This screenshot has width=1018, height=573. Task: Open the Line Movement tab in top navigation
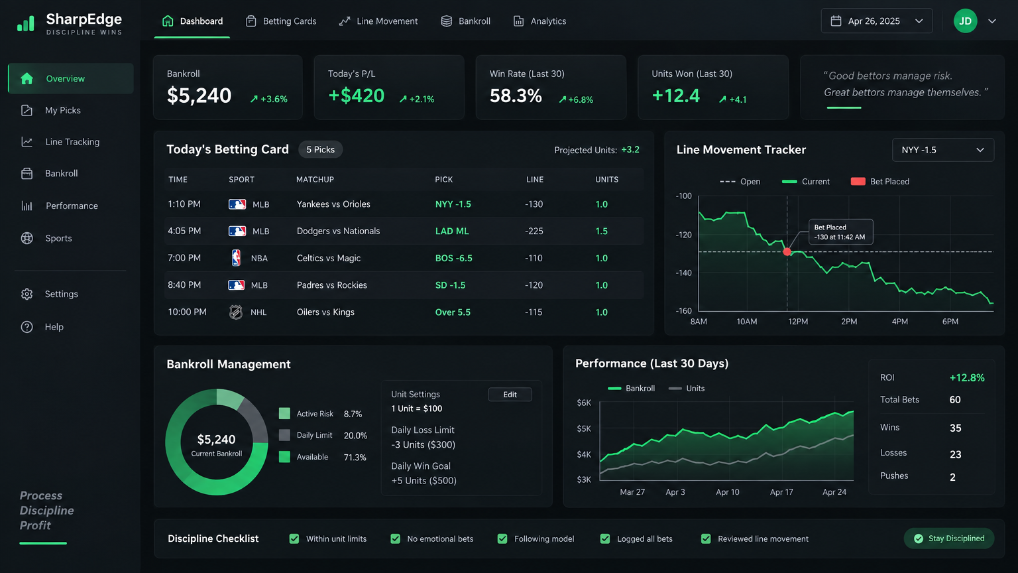[x=378, y=21]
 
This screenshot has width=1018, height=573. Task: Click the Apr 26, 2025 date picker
[x=876, y=21]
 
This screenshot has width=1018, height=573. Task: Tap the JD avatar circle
[x=965, y=21]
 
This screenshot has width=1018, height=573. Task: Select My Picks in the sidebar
[x=63, y=110]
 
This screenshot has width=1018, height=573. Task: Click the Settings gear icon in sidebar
[x=27, y=294]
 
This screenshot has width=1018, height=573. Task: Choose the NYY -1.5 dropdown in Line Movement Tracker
[x=943, y=150]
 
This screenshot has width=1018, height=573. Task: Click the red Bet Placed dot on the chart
[x=787, y=252]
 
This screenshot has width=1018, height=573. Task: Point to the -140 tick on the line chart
[x=683, y=273]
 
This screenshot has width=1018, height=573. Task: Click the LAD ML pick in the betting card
[x=452, y=231]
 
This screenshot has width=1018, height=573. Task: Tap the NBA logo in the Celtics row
[x=236, y=258]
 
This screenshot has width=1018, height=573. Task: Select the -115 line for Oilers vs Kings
[x=534, y=312]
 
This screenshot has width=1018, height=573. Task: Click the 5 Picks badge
[x=320, y=150]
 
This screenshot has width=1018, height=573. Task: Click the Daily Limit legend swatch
[x=284, y=435]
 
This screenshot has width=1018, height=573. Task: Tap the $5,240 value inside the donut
[x=216, y=439]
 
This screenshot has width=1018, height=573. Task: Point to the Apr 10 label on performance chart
[x=728, y=492]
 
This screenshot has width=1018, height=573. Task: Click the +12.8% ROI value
[x=967, y=378]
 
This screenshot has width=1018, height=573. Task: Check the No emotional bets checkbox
[x=396, y=539]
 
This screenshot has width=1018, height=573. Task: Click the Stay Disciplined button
[x=949, y=539]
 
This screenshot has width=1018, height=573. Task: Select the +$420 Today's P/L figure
[x=357, y=95]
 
